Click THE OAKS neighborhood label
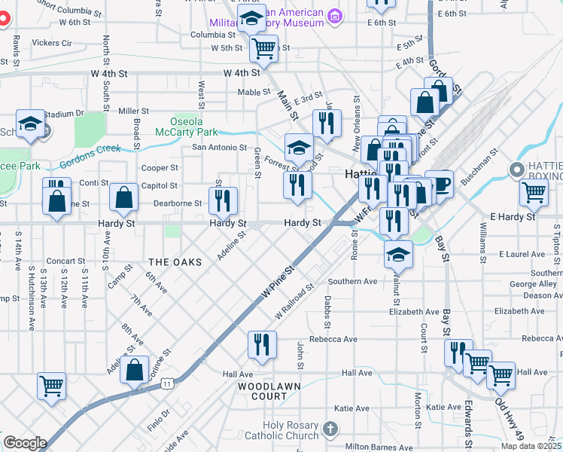175,262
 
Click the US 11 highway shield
167,384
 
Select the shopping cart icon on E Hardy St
534,192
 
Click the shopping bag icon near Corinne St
134,371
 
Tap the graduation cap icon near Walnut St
398,255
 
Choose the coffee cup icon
440,183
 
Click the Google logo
25,443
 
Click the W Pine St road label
275,281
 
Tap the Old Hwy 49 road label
510,420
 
